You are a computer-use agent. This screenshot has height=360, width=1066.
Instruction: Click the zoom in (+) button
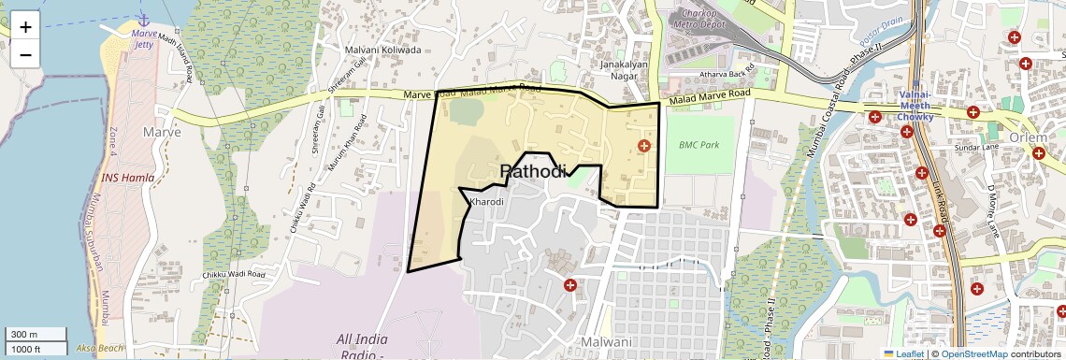pos(25,26)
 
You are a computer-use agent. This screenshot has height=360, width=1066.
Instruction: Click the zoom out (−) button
pos(25,54)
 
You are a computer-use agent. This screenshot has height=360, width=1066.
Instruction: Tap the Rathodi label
pos(534,171)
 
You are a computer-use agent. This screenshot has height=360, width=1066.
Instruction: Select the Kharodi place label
pos(488,202)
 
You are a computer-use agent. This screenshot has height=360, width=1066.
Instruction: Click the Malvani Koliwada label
pos(383,50)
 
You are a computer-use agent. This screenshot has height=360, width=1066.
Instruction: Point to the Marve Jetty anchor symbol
pos(143,20)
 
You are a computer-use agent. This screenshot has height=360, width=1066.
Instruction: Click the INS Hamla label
pos(128,178)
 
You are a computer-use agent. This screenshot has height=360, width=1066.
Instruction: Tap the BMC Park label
pos(699,145)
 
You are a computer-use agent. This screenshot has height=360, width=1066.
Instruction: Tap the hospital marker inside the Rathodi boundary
pos(643,146)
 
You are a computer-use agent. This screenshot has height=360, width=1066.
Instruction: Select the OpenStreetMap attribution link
pos(973,353)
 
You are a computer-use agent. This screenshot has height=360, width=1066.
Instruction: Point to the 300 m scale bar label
pos(24,335)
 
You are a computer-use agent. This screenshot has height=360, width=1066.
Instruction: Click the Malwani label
pos(606,342)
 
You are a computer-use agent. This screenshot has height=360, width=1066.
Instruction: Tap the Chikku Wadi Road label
pos(234,274)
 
